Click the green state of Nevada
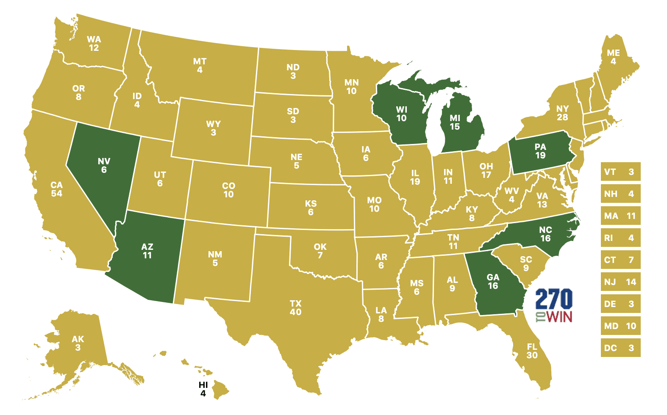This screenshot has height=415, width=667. click(103, 169)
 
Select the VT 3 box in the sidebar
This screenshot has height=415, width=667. click(620, 172)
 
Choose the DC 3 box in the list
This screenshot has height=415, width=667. click(620, 348)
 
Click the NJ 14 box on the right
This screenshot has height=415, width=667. click(620, 282)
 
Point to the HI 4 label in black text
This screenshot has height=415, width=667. click(203, 389)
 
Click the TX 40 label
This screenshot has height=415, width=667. click(295, 308)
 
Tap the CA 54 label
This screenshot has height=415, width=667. click(56, 189)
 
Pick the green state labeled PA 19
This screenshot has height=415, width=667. click(540, 152)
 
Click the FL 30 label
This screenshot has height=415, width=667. click(532, 351)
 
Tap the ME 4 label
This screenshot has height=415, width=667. click(613, 57)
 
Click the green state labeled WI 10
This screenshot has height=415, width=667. click(401, 114)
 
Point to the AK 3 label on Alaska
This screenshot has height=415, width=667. click(78, 343)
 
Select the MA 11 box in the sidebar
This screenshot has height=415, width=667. click(620, 216)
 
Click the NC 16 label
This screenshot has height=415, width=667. click(545, 234)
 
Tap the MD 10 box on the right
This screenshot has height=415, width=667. click(620, 326)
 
